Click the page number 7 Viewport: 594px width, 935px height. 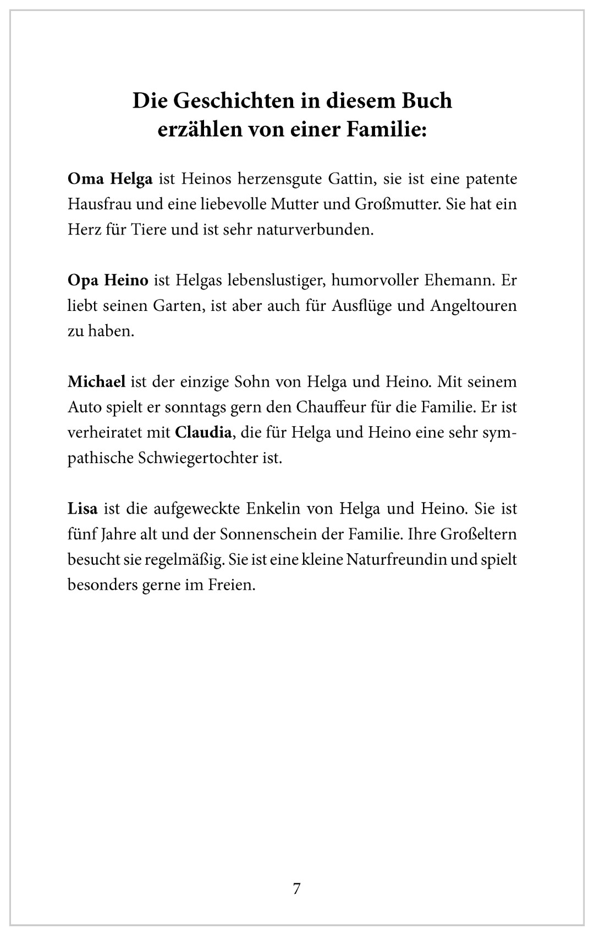click(297, 888)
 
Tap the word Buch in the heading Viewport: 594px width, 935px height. click(428, 101)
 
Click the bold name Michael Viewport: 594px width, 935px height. click(97, 381)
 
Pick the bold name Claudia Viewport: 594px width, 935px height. click(203, 432)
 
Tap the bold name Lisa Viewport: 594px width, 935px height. click(82, 508)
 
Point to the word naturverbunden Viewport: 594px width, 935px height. click(315, 230)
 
